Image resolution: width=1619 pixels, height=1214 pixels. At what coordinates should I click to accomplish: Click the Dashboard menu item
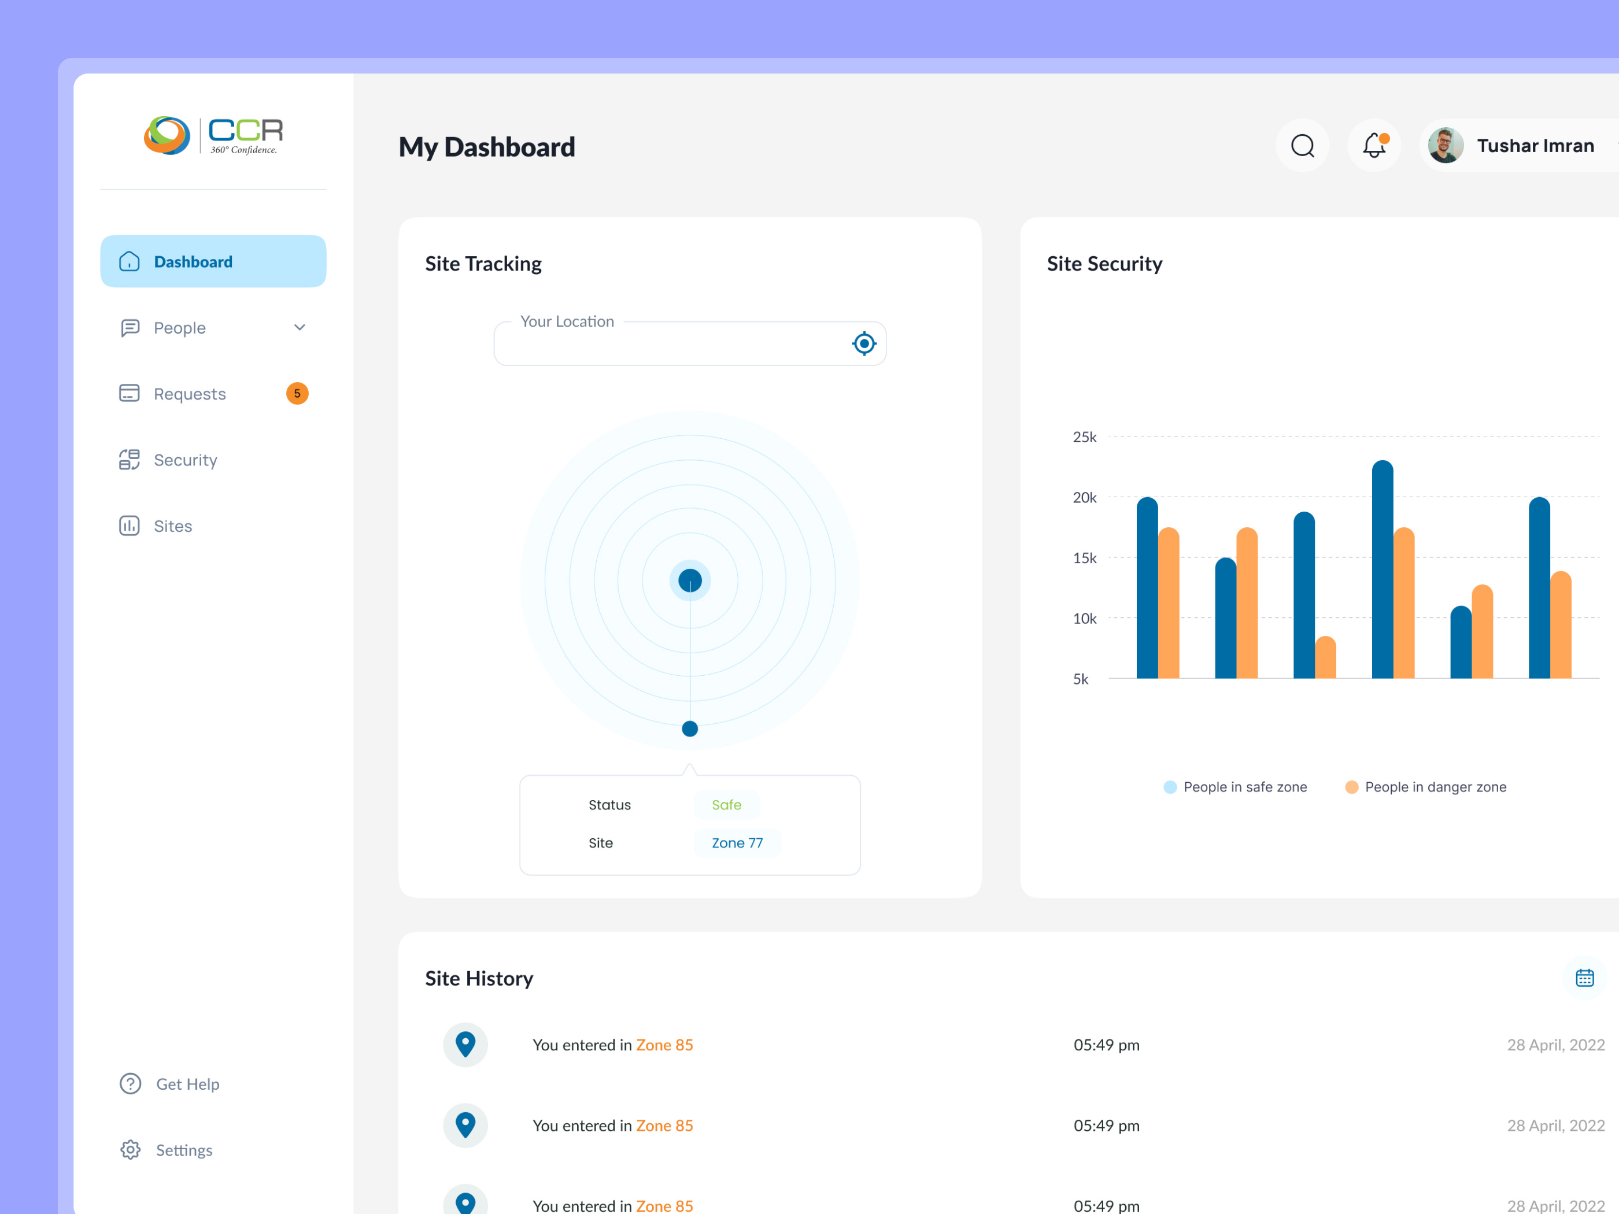tap(213, 261)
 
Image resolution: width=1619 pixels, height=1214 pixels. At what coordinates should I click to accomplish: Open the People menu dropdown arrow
tap(300, 327)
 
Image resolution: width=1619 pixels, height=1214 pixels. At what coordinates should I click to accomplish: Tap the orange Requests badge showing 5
tap(297, 394)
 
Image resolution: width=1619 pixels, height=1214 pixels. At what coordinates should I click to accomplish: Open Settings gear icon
tap(130, 1150)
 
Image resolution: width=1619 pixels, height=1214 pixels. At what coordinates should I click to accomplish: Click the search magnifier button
tap(1303, 146)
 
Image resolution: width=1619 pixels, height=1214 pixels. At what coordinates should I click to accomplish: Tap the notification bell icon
tap(1374, 146)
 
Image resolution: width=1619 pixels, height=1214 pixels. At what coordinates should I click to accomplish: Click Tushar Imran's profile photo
tap(1446, 146)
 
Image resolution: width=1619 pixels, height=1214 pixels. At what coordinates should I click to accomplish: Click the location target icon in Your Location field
tap(864, 343)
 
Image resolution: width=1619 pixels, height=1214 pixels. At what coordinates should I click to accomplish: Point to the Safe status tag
tap(727, 805)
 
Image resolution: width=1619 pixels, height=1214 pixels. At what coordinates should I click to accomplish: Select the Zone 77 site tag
tap(737, 843)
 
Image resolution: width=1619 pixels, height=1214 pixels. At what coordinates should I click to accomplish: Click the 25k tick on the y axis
tap(1085, 437)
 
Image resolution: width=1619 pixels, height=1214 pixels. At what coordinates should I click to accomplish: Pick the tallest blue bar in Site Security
tap(1383, 569)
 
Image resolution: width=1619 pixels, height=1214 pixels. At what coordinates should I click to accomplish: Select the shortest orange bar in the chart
tap(1325, 657)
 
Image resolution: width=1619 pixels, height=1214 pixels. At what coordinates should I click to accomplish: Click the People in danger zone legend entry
tap(1426, 787)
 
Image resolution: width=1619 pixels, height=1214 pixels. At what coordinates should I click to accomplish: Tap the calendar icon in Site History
tap(1585, 978)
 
